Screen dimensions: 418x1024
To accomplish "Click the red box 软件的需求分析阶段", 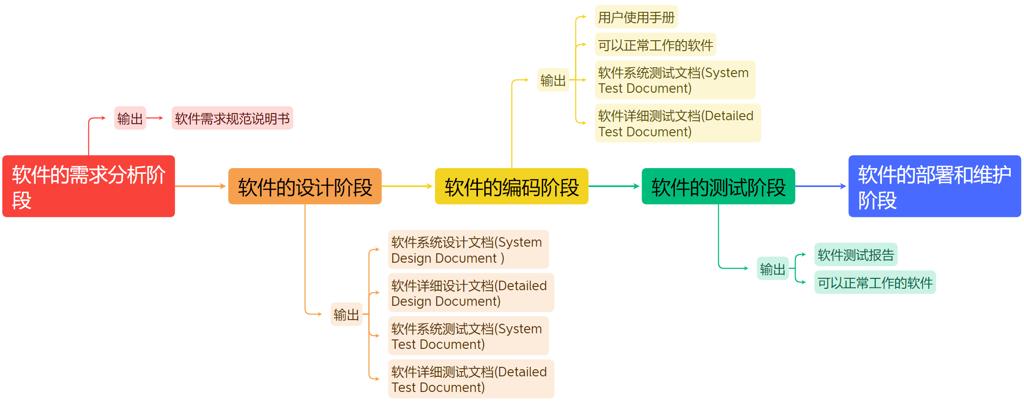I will click(x=88, y=186).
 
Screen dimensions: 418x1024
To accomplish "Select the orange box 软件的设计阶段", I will click(x=305, y=187).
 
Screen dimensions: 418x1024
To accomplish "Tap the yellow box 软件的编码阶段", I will click(x=512, y=187).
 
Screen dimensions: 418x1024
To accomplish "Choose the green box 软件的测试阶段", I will click(x=718, y=187).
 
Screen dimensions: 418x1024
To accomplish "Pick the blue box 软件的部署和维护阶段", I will click(x=935, y=186).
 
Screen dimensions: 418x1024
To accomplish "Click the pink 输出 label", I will click(x=130, y=118).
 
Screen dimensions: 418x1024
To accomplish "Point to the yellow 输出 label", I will click(x=553, y=80).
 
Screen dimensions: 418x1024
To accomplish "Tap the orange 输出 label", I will click(x=346, y=314).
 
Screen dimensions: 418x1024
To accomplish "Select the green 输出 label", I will click(x=773, y=269).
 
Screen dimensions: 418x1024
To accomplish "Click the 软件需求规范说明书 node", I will click(x=232, y=118).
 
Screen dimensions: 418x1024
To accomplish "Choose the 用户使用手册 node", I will click(x=636, y=18).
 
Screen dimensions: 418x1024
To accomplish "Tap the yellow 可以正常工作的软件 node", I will click(x=655, y=45).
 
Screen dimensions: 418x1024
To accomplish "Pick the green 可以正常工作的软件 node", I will click(x=875, y=283).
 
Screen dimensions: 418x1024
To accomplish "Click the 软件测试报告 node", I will click(x=856, y=255).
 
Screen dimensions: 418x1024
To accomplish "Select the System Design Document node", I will click(x=468, y=249).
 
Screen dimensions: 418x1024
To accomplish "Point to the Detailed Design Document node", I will click(x=471, y=293).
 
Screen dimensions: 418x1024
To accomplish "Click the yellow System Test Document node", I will click(x=675, y=80).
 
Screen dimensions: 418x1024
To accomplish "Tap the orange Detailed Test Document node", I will click(x=471, y=379).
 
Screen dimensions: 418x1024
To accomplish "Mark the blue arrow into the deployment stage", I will click(x=821, y=187).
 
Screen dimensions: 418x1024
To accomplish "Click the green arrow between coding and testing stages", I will click(x=614, y=187).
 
